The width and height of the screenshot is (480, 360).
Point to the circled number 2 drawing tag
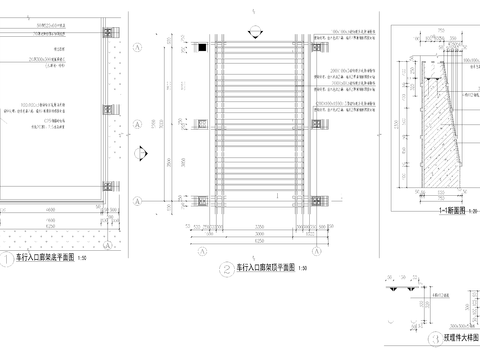click(228, 269)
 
